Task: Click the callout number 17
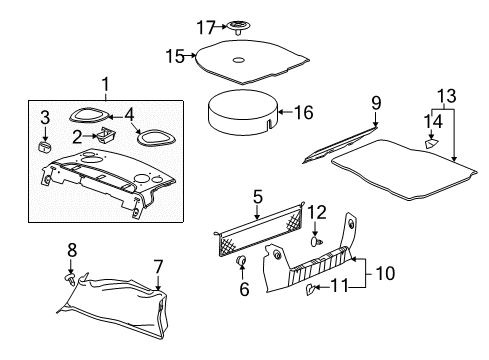(x=178, y=26)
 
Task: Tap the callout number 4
(x=128, y=115)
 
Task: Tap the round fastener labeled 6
(x=241, y=262)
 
